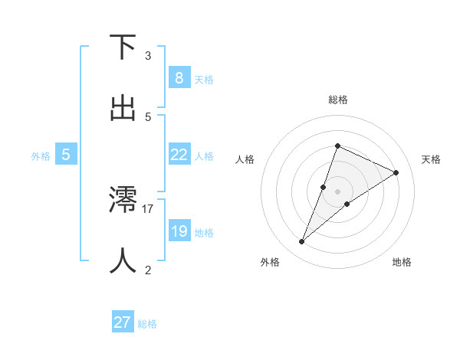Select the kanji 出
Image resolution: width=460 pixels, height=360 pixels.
(123, 109)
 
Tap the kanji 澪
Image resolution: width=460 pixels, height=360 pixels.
(123, 201)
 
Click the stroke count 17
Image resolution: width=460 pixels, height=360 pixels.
(148, 208)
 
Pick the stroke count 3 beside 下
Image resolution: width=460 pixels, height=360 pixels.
(148, 55)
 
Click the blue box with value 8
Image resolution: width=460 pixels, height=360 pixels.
(179, 78)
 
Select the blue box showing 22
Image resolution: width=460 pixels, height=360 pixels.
(179, 155)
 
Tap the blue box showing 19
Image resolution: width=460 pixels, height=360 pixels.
(179, 231)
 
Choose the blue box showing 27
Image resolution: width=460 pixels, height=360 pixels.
(123, 322)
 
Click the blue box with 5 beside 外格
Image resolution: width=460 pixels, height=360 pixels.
(66, 155)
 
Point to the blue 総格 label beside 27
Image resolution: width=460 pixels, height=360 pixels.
(147, 324)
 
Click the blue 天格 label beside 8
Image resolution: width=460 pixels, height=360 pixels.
(204, 80)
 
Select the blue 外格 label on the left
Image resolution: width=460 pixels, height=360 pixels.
(41, 156)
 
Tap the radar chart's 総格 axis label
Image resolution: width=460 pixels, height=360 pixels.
(337, 100)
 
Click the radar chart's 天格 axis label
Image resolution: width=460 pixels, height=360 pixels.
(431, 159)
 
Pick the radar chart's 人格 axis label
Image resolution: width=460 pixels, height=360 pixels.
(245, 159)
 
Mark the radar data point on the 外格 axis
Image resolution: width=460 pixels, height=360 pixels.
(301, 242)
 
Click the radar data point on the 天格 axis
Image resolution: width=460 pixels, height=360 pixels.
(396, 173)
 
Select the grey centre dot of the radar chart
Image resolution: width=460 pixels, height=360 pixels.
(337, 191)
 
